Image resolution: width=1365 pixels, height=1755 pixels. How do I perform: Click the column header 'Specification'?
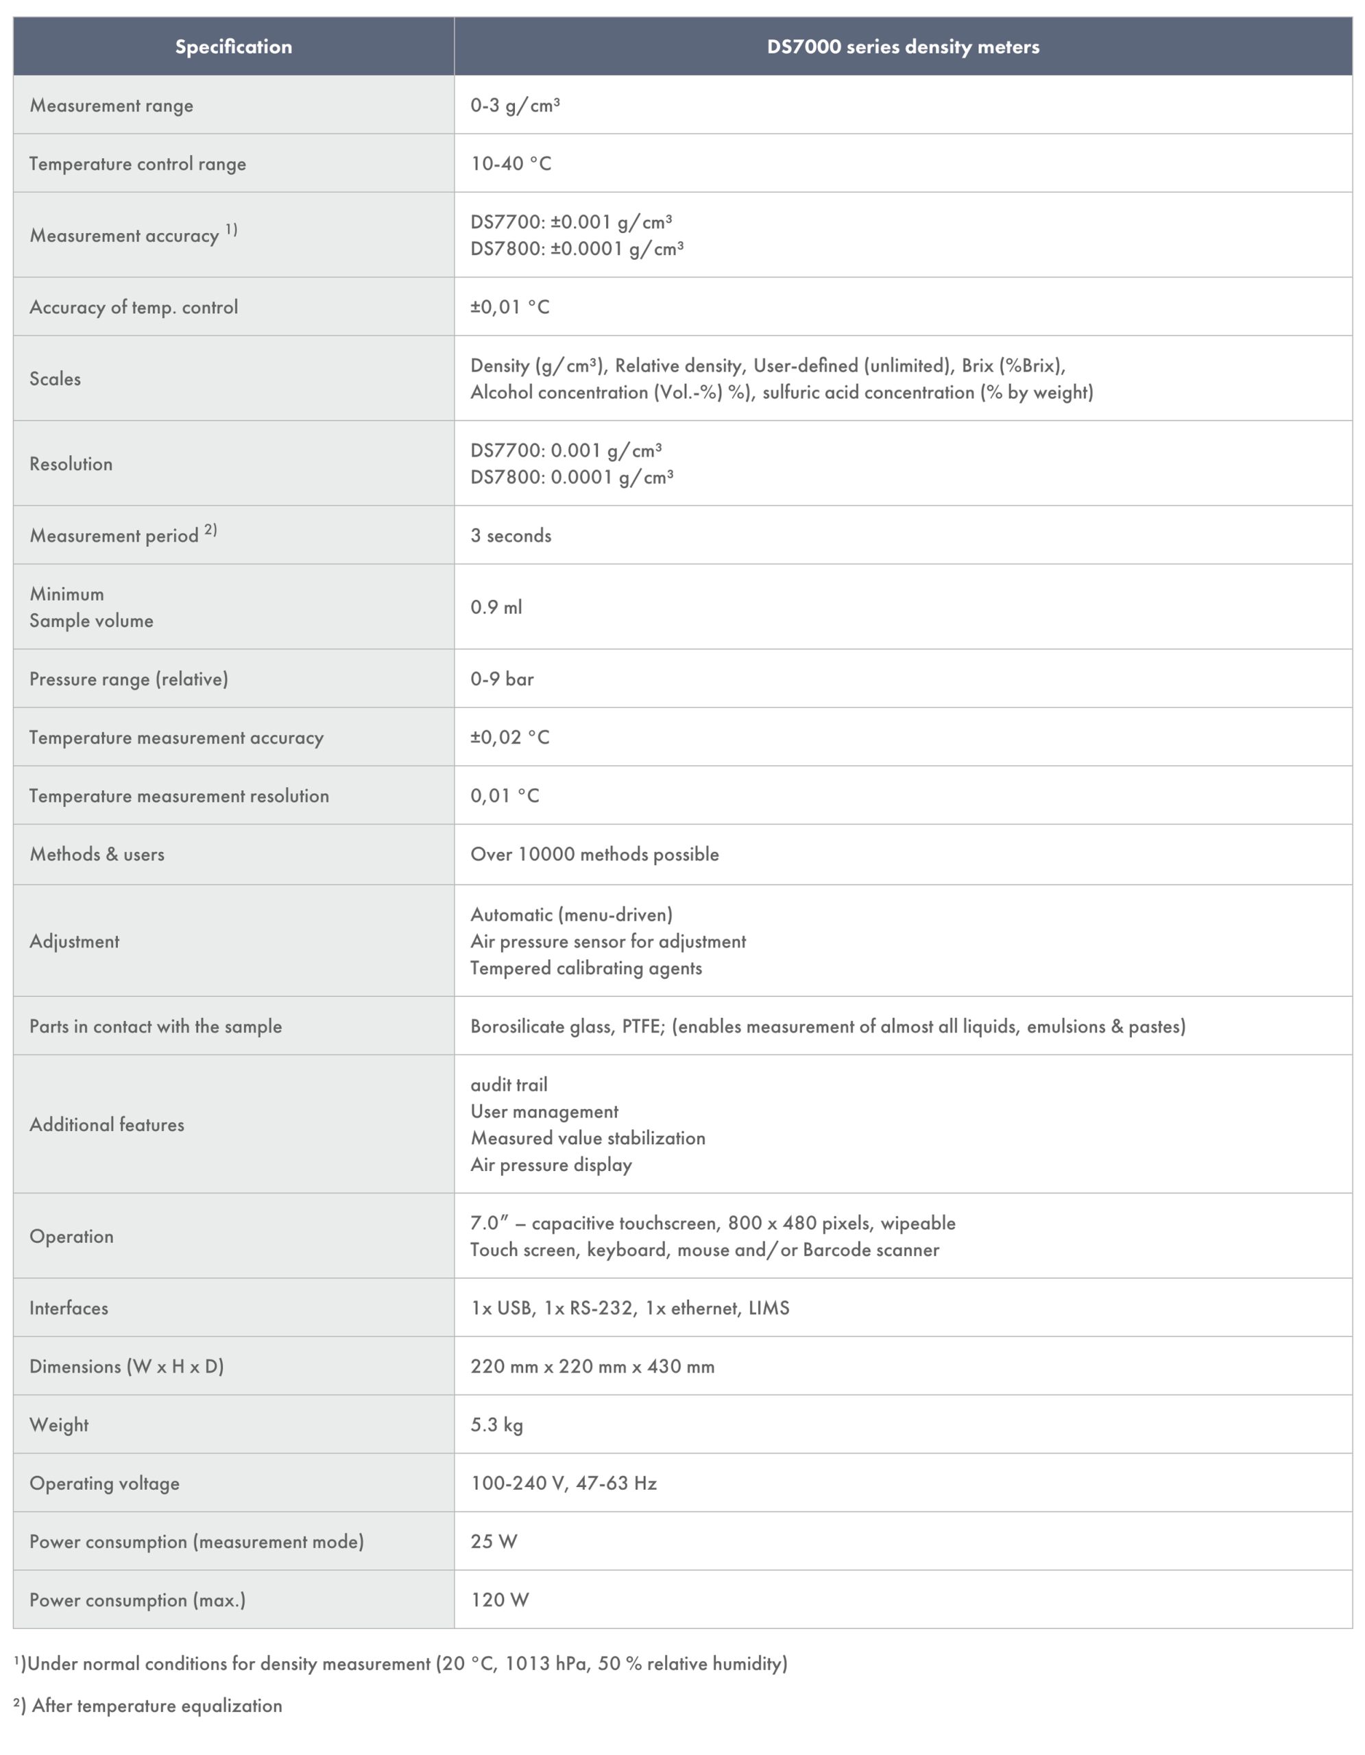point(233,47)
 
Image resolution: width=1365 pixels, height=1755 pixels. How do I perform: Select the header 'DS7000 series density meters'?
point(902,47)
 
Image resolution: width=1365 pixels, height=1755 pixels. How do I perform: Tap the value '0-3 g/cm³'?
point(514,106)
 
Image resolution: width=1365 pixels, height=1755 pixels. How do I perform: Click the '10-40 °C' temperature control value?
point(510,164)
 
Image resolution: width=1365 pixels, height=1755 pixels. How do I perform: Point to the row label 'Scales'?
point(56,378)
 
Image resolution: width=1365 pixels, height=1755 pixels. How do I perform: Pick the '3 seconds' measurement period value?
point(510,535)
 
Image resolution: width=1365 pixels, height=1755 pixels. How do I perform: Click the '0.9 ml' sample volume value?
point(496,607)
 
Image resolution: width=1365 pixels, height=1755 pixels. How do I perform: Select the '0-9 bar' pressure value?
point(501,679)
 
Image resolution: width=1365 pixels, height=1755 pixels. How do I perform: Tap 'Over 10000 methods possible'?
point(594,854)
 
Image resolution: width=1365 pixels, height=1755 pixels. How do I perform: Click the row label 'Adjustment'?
point(75,941)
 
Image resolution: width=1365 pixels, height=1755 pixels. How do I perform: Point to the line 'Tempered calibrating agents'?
point(585,968)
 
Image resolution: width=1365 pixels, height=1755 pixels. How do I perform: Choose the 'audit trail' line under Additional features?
point(509,1085)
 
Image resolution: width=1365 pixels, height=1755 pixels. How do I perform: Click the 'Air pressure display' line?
point(551,1164)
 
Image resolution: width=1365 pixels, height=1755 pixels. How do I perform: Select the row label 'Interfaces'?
point(69,1307)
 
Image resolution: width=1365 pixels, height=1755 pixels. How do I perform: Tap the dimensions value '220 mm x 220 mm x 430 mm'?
point(592,1366)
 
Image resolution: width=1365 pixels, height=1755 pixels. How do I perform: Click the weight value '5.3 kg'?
point(496,1425)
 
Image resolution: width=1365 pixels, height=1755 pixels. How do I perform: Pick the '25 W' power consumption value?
point(494,1541)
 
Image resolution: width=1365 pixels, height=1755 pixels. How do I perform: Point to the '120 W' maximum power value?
point(499,1599)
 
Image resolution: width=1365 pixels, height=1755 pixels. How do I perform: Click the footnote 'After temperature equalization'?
point(157,1705)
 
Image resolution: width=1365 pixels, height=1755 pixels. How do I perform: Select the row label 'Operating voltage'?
point(104,1484)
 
